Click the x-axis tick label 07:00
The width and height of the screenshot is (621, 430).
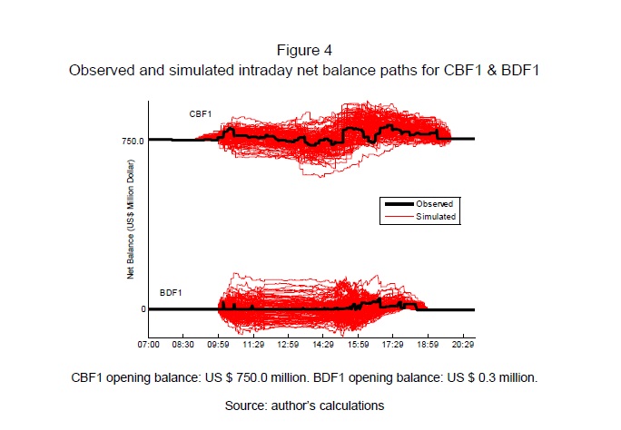pyautogui.click(x=149, y=346)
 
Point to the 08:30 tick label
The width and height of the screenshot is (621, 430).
pyautogui.click(x=183, y=346)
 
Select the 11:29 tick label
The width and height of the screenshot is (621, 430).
pyautogui.click(x=253, y=346)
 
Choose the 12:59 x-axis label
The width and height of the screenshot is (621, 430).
pyautogui.click(x=289, y=346)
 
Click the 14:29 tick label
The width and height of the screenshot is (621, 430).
pyautogui.click(x=323, y=346)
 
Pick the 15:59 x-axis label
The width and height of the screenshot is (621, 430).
pyautogui.click(x=359, y=346)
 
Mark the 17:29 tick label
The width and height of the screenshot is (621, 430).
pyautogui.click(x=393, y=346)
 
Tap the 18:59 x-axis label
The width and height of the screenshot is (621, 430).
pyautogui.click(x=429, y=346)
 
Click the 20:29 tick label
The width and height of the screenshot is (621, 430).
pyautogui.click(x=463, y=346)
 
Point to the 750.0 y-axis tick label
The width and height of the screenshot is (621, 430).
pyautogui.click(x=132, y=140)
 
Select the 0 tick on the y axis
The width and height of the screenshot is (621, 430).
pyautogui.click(x=142, y=309)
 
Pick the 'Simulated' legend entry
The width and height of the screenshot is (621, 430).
pyautogui.click(x=436, y=218)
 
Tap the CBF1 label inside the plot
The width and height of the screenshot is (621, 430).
pyautogui.click(x=200, y=113)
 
